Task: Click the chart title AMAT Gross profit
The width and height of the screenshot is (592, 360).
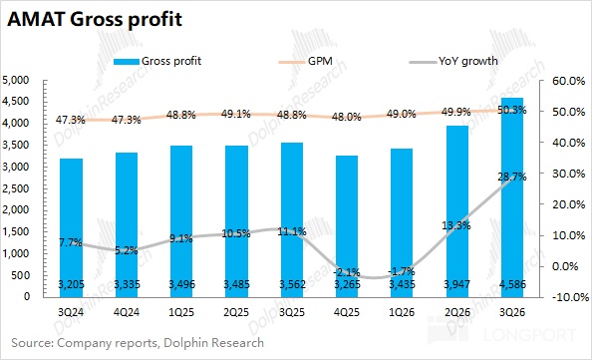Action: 95,19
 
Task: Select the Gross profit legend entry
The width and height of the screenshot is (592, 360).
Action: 157,61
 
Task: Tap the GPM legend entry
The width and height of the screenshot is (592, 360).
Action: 306,61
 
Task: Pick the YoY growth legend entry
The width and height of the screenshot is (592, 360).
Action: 453,61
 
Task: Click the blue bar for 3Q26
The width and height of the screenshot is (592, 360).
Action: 512,197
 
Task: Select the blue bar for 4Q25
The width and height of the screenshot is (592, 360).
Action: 347,226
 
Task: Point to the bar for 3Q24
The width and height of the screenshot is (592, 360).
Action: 72,228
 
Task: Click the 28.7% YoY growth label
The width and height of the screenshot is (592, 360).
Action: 512,177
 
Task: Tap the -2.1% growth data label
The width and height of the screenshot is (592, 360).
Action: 347,272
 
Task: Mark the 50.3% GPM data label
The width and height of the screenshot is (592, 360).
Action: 512,111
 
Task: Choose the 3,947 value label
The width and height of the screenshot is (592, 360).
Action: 456,284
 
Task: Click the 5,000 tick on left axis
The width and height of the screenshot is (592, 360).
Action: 16,80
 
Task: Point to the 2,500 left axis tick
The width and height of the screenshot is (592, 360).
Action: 16,188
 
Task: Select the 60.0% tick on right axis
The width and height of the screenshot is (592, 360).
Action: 569,81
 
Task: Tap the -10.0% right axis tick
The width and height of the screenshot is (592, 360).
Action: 570,297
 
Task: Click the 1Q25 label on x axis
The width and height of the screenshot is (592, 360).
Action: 181,312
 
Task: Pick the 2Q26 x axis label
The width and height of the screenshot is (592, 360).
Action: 456,312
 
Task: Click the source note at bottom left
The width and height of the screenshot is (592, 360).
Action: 138,343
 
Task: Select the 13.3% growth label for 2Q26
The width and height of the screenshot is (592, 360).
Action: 456,226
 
